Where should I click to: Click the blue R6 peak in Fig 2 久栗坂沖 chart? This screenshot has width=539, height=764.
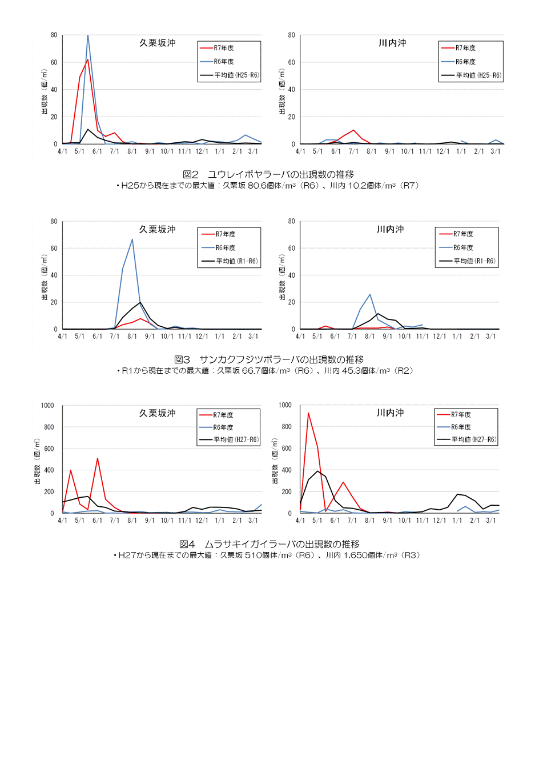click(x=87, y=35)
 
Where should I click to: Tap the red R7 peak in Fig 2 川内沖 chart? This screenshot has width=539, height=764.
click(x=353, y=130)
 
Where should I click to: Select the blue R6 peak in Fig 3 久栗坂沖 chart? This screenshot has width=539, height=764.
click(x=132, y=239)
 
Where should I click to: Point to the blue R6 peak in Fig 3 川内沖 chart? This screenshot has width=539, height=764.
click(x=370, y=294)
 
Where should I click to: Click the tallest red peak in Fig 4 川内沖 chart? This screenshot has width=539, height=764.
click(x=308, y=413)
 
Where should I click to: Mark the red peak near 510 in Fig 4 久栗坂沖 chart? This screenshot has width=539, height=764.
click(x=98, y=458)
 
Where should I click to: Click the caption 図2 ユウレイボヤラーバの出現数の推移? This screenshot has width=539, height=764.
click(x=268, y=174)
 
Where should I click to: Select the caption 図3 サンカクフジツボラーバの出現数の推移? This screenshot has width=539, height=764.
click(x=268, y=359)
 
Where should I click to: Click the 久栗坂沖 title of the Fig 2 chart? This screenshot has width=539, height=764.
click(x=158, y=43)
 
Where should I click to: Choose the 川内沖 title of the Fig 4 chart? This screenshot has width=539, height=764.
click(x=391, y=413)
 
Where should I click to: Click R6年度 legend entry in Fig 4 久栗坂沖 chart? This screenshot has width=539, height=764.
click(x=223, y=427)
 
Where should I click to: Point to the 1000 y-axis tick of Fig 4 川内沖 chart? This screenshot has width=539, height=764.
click(x=285, y=405)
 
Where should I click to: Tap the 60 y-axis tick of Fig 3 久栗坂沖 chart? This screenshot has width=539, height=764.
click(x=54, y=248)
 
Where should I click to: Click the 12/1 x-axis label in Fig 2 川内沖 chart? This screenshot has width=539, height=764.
click(x=443, y=151)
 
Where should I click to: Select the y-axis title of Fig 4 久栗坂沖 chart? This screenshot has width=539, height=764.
click(x=37, y=462)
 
